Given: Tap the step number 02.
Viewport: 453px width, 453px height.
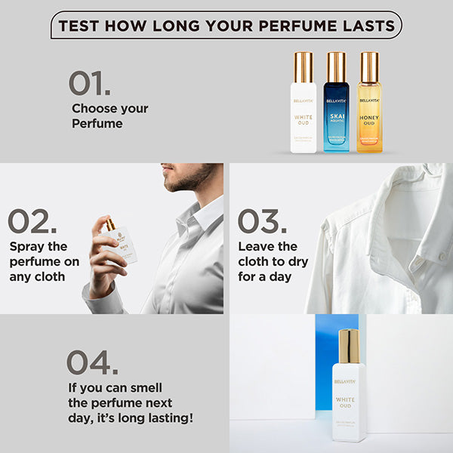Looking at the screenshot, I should [32, 221].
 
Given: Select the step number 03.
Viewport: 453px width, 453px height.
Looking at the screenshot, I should [262, 221].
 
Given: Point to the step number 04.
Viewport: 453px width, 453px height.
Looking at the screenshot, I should [92, 362].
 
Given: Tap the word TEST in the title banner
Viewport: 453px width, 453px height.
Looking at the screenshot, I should [80, 26].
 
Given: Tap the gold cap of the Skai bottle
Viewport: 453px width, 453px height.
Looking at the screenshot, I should [336, 66].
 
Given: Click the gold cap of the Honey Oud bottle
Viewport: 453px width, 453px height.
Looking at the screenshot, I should [368, 66].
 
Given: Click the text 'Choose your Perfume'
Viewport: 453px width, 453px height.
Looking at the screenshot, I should [109, 116].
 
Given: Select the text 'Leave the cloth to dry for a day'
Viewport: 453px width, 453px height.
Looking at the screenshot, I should [270, 261].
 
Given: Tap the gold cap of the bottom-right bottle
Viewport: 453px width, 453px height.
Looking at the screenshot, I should [349, 347].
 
